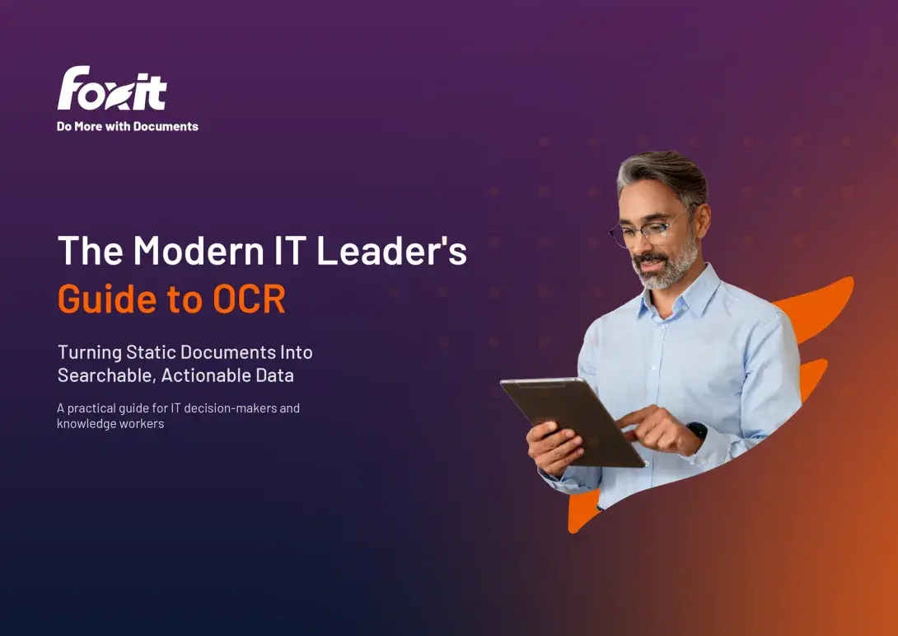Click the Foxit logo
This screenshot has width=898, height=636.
tap(112, 88)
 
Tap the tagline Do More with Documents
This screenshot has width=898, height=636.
tap(128, 126)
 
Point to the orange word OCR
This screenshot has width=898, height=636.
tap(249, 299)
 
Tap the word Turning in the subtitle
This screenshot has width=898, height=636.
tap(88, 352)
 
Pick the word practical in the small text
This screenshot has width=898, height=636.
tap(96, 408)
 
